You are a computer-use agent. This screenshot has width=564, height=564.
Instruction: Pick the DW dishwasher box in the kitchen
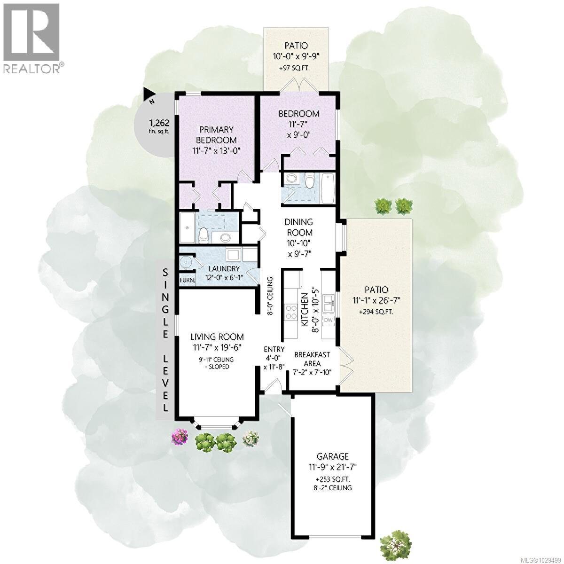click(329, 321)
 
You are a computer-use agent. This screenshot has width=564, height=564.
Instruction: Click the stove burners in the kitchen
click(290, 313)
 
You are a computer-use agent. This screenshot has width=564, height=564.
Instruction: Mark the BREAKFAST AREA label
click(312, 360)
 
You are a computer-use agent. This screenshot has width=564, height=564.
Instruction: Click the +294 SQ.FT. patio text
click(376, 312)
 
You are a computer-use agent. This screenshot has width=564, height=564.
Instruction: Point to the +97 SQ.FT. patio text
click(296, 68)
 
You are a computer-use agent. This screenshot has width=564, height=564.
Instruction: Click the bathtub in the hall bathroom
click(328, 188)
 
